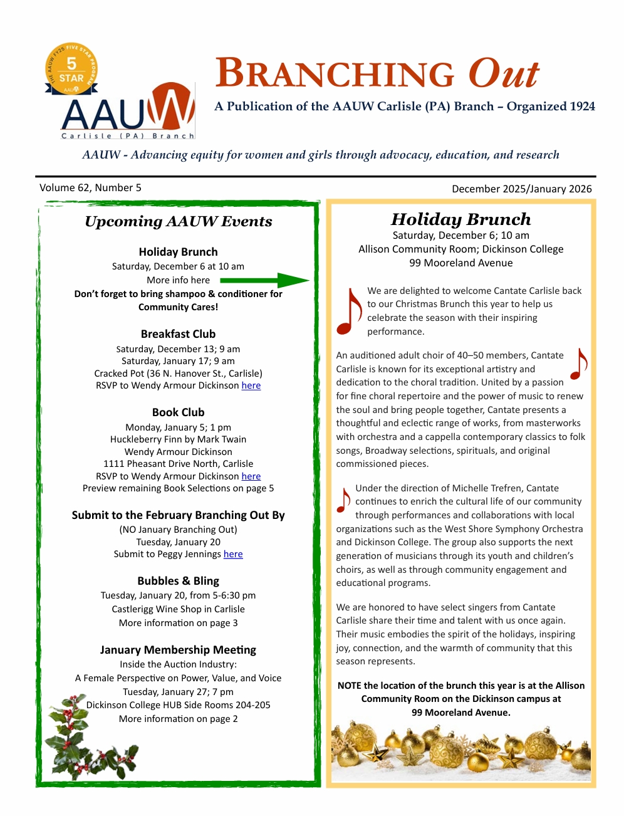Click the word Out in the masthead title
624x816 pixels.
pyautogui.click(x=503, y=74)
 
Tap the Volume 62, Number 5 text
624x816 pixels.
pyautogui.click(x=90, y=187)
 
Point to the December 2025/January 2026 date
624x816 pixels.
pyautogui.click(x=521, y=189)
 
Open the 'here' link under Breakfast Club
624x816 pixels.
pyautogui.click(x=251, y=385)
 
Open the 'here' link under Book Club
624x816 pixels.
pyautogui.click(x=251, y=476)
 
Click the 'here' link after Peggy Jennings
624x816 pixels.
pyautogui.click(x=233, y=554)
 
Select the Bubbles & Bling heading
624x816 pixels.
pyautogui.click(x=178, y=581)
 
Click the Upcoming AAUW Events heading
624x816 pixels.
pyautogui.click(x=178, y=221)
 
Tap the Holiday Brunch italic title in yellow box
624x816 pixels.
pyautogui.click(x=460, y=219)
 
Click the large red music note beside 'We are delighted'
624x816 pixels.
pyautogui.click(x=349, y=312)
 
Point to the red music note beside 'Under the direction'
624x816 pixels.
pyautogui.click(x=343, y=500)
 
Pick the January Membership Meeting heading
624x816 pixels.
pyautogui.click(x=178, y=650)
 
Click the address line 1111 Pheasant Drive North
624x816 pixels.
pyautogui.click(x=178, y=464)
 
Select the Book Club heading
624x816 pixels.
pyautogui.click(x=178, y=412)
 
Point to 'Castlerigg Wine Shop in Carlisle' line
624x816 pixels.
pyautogui.click(x=178, y=609)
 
